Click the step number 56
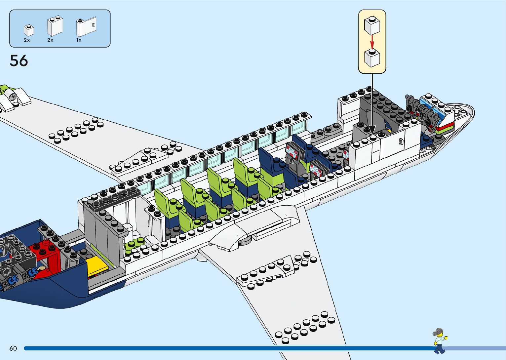(19, 61)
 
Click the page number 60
(13, 348)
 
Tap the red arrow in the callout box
(372, 42)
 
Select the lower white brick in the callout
(372, 58)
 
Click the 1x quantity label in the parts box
(79, 40)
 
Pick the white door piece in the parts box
(86, 27)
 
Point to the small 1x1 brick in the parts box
(29, 30)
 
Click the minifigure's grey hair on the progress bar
(439, 332)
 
